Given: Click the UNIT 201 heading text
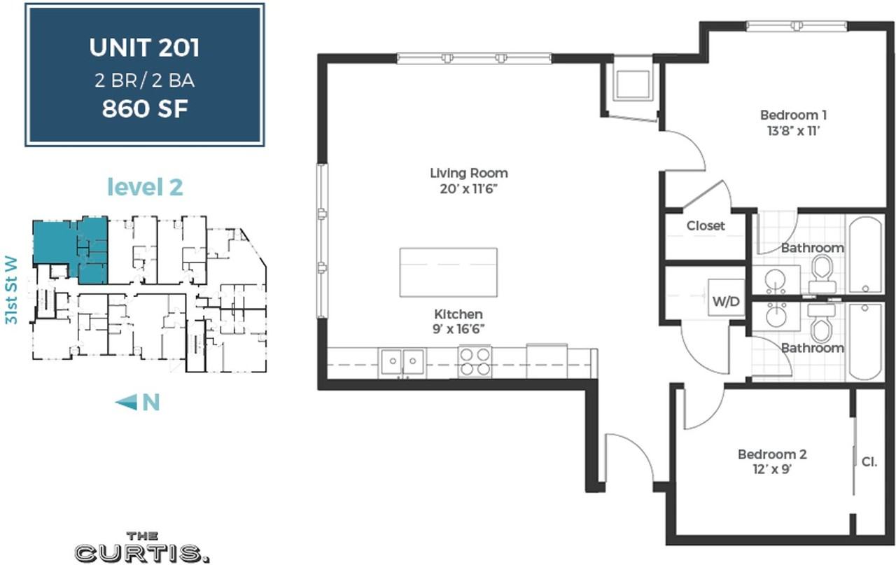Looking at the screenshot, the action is (x=144, y=48).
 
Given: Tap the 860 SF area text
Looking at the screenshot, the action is (x=145, y=109).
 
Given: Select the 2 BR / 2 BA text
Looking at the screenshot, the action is (x=145, y=81).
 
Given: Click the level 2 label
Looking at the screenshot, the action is (x=145, y=187).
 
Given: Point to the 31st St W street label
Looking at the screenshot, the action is (x=11, y=290).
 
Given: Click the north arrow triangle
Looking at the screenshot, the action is (x=127, y=402).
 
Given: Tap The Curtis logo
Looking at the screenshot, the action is (x=142, y=547).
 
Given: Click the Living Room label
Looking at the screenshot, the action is (x=469, y=173).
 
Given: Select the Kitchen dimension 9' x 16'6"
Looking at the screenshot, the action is (x=458, y=329).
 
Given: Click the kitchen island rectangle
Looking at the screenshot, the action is (x=449, y=272).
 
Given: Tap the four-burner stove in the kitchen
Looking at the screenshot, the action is (x=475, y=362).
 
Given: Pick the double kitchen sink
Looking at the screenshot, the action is (x=402, y=363).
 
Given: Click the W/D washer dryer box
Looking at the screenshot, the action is (x=726, y=298).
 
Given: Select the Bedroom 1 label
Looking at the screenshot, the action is (x=793, y=116).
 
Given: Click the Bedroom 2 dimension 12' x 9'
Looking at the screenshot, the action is (x=772, y=469).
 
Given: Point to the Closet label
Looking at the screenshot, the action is (x=706, y=225).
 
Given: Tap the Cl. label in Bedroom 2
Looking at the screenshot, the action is (x=869, y=462).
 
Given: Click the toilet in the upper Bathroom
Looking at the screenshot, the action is (x=822, y=274).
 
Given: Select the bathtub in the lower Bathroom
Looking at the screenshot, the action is (x=866, y=341).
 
